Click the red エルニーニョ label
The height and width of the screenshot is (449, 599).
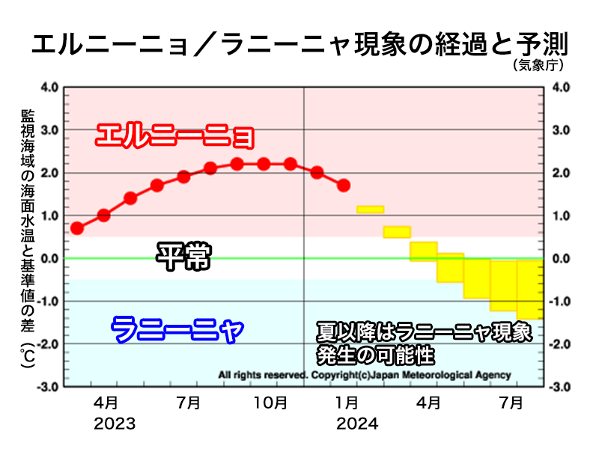click(x=175, y=136)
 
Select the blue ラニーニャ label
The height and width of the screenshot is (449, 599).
click(x=177, y=329)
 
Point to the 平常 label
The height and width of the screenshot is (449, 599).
click(x=183, y=257)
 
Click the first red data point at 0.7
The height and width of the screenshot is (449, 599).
click(x=76, y=228)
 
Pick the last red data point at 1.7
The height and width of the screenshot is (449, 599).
click(x=344, y=185)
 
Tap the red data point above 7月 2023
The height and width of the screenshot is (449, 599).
click(x=183, y=177)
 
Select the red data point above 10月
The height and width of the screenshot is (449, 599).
click(x=264, y=164)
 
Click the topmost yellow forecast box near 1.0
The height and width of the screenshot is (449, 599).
click(x=371, y=209)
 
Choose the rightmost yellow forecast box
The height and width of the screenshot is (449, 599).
click(x=530, y=289)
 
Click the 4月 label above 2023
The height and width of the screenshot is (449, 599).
click(x=106, y=403)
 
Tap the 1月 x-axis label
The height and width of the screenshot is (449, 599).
click(x=346, y=403)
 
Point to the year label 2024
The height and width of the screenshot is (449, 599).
click(x=356, y=424)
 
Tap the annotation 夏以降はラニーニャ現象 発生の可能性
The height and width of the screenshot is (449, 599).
click(x=423, y=340)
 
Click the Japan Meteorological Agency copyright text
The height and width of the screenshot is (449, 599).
click(x=364, y=375)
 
